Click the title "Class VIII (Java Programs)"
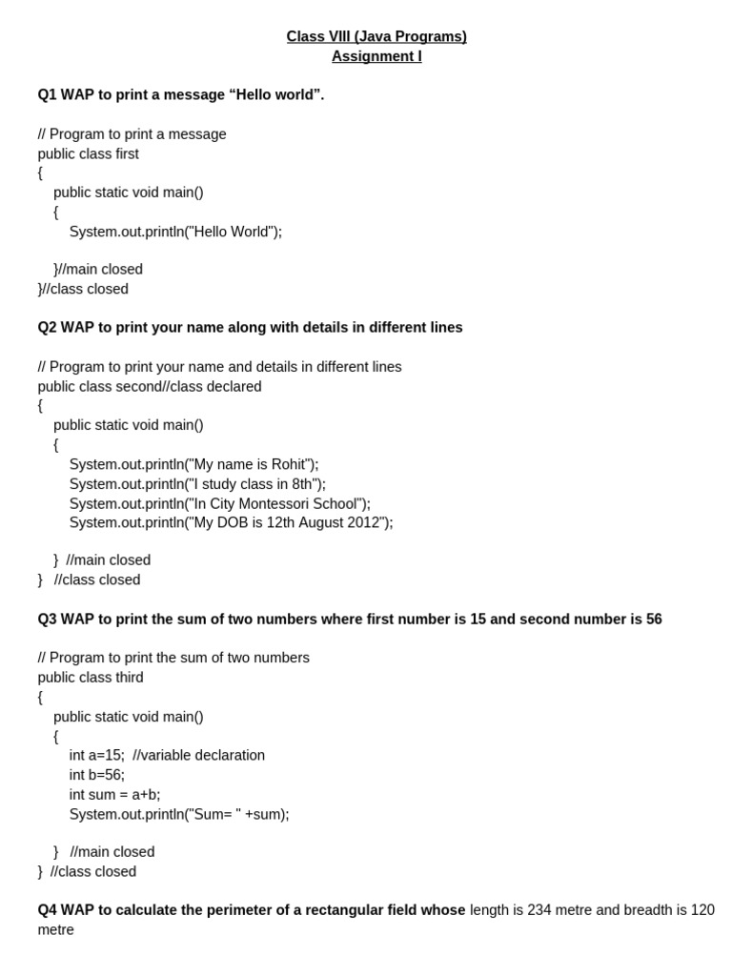pyautogui.click(x=376, y=36)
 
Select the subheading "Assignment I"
pyautogui.click(x=376, y=56)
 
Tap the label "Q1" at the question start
pyautogui.click(x=48, y=94)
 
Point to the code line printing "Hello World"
pyautogui.click(x=175, y=231)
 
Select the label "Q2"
pyautogui.click(x=48, y=327)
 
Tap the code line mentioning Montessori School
pyautogui.click(x=219, y=503)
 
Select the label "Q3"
pyautogui.click(x=48, y=619)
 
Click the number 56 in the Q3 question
pyautogui.click(x=653, y=619)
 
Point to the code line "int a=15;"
pyautogui.click(x=96, y=755)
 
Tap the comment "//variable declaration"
pyautogui.click(x=199, y=755)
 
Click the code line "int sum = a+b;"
pyautogui.click(x=114, y=794)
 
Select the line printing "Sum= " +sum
pyautogui.click(x=178, y=814)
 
